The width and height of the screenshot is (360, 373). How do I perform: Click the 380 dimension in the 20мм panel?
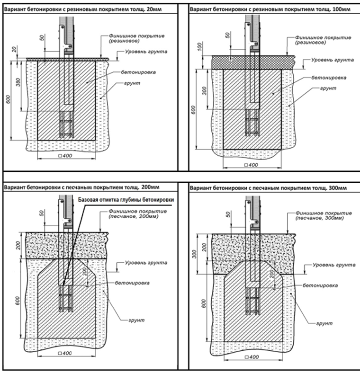click(18, 82)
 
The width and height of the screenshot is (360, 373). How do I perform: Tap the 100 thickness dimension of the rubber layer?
click(199, 46)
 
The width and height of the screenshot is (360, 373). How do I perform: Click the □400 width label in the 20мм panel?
click(65, 156)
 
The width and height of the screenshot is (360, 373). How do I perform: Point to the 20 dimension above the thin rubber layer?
click(14, 49)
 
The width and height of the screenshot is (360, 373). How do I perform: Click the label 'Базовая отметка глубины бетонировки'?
click(126, 200)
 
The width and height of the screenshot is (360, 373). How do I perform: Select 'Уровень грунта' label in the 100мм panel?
click(333, 60)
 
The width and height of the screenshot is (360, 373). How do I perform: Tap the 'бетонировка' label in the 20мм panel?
click(138, 72)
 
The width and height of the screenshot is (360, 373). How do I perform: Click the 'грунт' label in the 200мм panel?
click(136, 320)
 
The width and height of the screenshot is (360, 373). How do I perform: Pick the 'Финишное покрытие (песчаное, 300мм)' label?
click(324, 215)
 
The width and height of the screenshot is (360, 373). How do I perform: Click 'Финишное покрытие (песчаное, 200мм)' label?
click(138, 213)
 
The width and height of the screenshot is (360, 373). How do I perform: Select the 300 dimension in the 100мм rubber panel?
click(204, 90)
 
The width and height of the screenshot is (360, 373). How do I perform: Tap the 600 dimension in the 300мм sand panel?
click(204, 303)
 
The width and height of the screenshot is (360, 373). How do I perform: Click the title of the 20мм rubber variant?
click(83, 9)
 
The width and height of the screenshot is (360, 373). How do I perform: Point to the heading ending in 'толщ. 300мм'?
click(268, 188)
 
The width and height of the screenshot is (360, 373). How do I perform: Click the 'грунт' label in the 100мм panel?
click(328, 88)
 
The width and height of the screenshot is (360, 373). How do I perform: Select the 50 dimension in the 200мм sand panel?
click(42, 213)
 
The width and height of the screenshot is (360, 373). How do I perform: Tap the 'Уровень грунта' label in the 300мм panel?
click(334, 265)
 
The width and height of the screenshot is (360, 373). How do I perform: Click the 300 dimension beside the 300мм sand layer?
click(194, 254)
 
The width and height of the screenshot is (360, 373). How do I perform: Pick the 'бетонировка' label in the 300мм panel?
click(320, 285)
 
